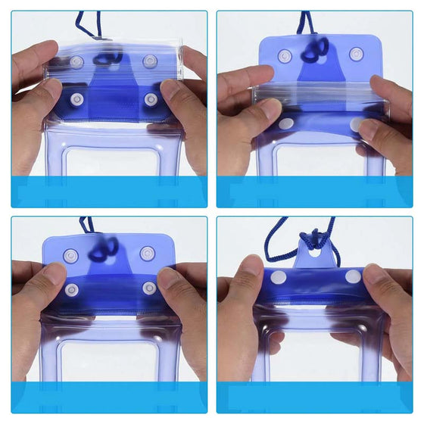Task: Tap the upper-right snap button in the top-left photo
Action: [x=149, y=61]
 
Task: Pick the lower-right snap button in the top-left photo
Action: [x=151, y=99]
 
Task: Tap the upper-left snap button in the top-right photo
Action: [x=285, y=56]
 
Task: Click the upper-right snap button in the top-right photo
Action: [x=355, y=55]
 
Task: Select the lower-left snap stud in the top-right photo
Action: [x=285, y=123]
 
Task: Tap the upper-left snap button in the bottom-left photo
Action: [x=70, y=256]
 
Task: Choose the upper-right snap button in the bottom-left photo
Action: [x=146, y=254]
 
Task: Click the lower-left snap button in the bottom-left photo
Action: [x=72, y=289]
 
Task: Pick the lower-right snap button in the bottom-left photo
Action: [x=150, y=288]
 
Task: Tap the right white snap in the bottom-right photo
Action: [x=353, y=277]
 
